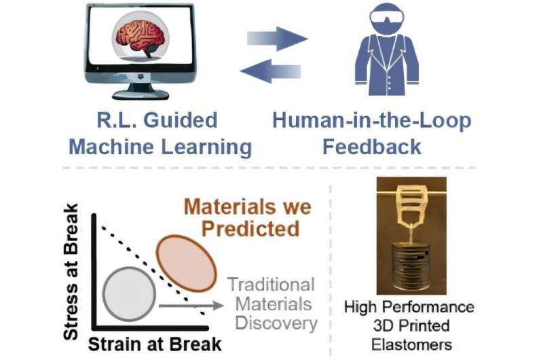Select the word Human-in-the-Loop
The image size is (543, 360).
pos(371,121)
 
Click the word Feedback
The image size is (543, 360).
pos(371,146)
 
